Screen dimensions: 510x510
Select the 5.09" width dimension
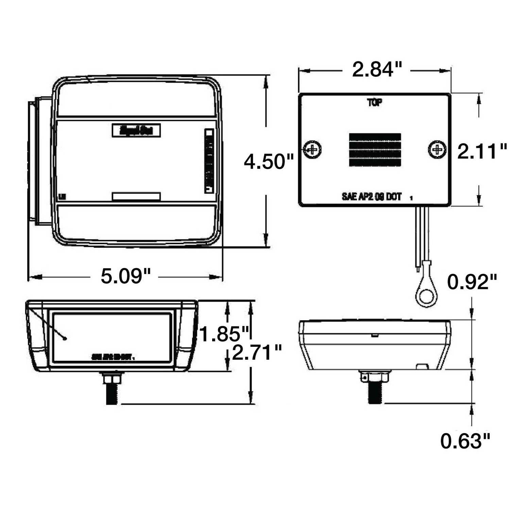point(125,276)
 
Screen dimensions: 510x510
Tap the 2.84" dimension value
point(377,70)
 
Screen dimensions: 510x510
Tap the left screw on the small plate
point(312,149)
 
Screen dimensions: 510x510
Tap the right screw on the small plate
point(437,149)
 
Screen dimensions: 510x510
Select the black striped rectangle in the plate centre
point(375,150)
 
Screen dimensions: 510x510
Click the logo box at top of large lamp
point(136,131)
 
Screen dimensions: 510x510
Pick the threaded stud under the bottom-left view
point(112,393)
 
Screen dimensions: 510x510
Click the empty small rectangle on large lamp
point(136,196)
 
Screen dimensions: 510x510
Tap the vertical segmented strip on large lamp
point(209,161)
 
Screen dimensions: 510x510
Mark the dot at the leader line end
point(65,338)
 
